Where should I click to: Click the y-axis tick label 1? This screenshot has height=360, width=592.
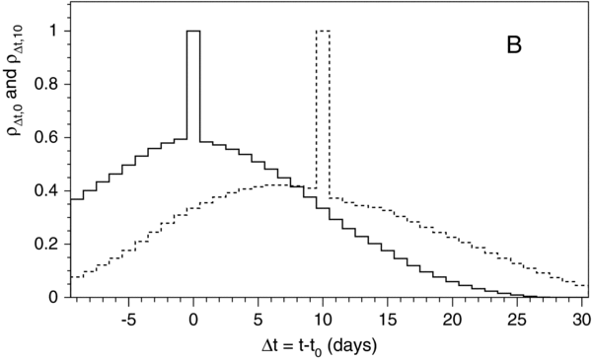(x=54, y=31)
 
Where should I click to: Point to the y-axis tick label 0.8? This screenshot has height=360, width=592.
(x=47, y=84)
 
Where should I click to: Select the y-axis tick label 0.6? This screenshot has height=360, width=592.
(x=47, y=137)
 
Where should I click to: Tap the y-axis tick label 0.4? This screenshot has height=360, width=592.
(x=47, y=190)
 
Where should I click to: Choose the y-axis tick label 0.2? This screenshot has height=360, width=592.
(x=47, y=244)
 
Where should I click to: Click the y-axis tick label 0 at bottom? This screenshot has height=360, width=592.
(x=55, y=297)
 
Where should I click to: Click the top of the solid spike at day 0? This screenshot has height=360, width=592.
(x=193, y=32)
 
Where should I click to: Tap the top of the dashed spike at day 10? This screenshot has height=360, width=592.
(x=323, y=32)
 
